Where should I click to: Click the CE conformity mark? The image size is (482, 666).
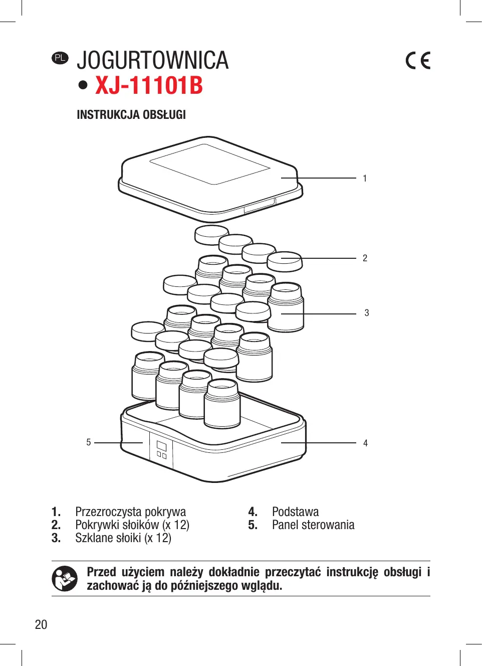click(x=418, y=61)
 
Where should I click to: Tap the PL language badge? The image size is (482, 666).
click(x=60, y=58)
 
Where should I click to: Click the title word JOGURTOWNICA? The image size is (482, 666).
click(x=152, y=61)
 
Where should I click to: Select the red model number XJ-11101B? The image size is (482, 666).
click(x=149, y=85)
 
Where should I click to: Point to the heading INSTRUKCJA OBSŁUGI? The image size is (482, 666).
click(x=131, y=115)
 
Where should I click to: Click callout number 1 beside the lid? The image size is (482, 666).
click(x=365, y=178)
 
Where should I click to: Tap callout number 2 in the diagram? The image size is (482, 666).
click(x=365, y=258)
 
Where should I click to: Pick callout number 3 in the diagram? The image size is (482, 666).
click(x=367, y=313)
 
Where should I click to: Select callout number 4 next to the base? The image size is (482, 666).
click(x=365, y=443)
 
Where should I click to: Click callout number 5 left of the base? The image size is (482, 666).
click(x=89, y=442)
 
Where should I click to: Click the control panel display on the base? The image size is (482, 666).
click(x=161, y=445)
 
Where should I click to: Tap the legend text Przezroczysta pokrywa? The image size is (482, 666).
click(x=130, y=512)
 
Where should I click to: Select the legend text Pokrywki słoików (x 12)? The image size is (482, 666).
click(x=132, y=525)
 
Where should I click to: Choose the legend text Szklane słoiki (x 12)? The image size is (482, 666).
click(x=123, y=538)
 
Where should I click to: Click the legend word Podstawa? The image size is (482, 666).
click(x=295, y=512)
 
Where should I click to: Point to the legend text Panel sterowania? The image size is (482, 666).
click(x=313, y=525)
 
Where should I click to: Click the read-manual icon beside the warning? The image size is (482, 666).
click(x=65, y=578)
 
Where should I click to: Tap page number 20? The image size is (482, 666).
click(x=41, y=624)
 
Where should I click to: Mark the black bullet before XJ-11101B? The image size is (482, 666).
click(x=83, y=85)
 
